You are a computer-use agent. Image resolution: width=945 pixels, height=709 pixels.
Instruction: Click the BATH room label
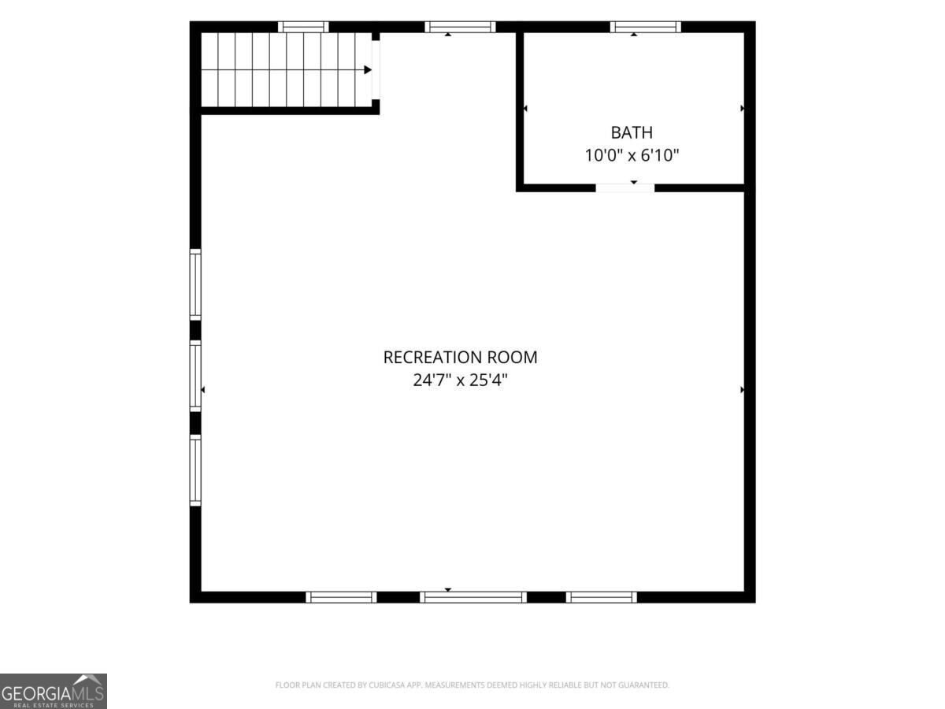coord(631,132)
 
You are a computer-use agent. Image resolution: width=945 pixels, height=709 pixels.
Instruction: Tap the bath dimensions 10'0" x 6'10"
coord(632,155)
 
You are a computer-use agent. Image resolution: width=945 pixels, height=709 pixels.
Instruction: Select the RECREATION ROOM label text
coord(460,358)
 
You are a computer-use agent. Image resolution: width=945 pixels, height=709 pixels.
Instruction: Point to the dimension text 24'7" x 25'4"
coord(460,380)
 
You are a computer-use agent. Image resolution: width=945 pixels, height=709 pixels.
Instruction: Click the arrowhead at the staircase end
coord(368,70)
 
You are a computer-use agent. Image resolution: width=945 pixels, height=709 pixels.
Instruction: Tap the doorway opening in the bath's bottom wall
coord(625,188)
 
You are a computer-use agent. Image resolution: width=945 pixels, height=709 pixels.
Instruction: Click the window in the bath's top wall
coord(645,27)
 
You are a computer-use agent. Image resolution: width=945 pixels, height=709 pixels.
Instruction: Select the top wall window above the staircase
coord(303,27)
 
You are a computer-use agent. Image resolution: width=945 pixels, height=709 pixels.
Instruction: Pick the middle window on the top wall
coord(460,27)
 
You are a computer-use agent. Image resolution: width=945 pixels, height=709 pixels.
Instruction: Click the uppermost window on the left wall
coord(195,284)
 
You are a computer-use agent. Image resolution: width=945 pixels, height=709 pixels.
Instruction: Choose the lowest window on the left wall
coord(195,470)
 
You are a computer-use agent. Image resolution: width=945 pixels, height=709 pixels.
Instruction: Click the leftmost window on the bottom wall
coord(342,597)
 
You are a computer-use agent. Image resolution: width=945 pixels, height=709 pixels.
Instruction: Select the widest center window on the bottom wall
coord(473,597)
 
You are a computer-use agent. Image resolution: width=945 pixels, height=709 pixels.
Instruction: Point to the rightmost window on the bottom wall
coord(602,597)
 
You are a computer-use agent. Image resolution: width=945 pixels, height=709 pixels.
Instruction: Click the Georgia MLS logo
coord(54,692)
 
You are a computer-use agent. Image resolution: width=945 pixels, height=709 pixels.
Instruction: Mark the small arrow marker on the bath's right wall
coord(742,109)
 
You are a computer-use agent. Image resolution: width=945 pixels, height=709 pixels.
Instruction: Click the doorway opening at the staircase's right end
coord(376,70)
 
